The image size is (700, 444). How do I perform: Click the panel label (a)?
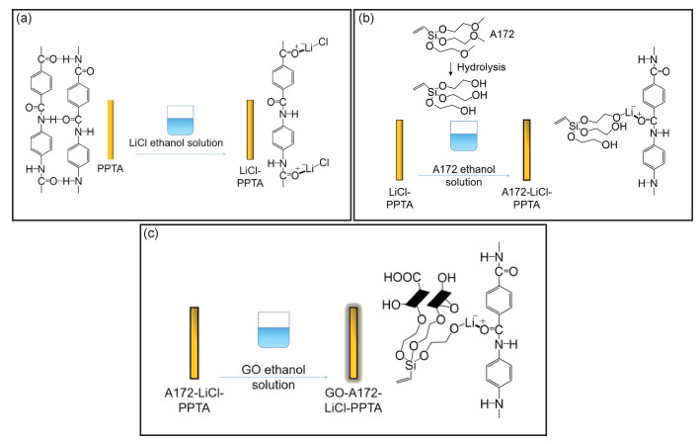[24, 19]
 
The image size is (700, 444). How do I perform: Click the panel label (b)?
[366, 19]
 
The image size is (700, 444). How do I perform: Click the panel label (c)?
[150, 233]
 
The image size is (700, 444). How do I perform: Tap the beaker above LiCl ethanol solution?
[180, 120]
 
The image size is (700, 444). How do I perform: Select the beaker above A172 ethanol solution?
[464, 135]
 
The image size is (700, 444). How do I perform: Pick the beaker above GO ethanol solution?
[273, 329]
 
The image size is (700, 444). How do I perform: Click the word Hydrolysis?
[481, 67]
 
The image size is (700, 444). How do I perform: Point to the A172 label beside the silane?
[502, 34]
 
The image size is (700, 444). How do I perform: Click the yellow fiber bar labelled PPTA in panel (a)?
[111, 130]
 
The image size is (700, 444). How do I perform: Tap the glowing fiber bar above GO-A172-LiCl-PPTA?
[353, 342]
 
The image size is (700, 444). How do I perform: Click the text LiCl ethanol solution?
[176, 143]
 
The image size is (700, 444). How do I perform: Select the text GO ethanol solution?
[273, 377]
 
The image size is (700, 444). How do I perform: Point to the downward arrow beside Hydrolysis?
[450, 68]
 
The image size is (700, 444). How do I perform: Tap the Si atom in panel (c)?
[411, 366]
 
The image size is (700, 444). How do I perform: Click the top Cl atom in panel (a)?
[323, 43]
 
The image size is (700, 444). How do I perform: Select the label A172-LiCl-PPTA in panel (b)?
[527, 199]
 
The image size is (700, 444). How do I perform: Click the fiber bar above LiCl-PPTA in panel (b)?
[400, 149]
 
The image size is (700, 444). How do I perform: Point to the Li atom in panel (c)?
[469, 322]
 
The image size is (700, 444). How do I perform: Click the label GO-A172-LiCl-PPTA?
[353, 400]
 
